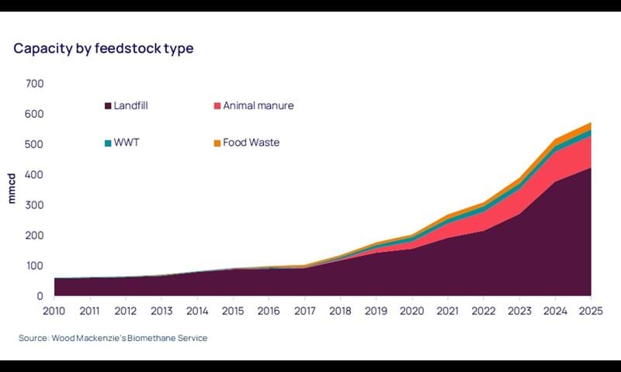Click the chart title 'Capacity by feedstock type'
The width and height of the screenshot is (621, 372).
pos(103,48)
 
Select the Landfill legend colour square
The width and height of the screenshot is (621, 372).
pos(107,105)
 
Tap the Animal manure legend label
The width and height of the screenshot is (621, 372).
pos(258,105)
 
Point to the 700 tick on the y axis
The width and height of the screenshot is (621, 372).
pos(35,84)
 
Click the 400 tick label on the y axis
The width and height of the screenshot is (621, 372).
pos(35,175)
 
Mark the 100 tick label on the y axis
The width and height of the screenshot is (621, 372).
pos(35,266)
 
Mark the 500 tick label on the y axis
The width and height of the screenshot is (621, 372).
pos(35,145)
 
